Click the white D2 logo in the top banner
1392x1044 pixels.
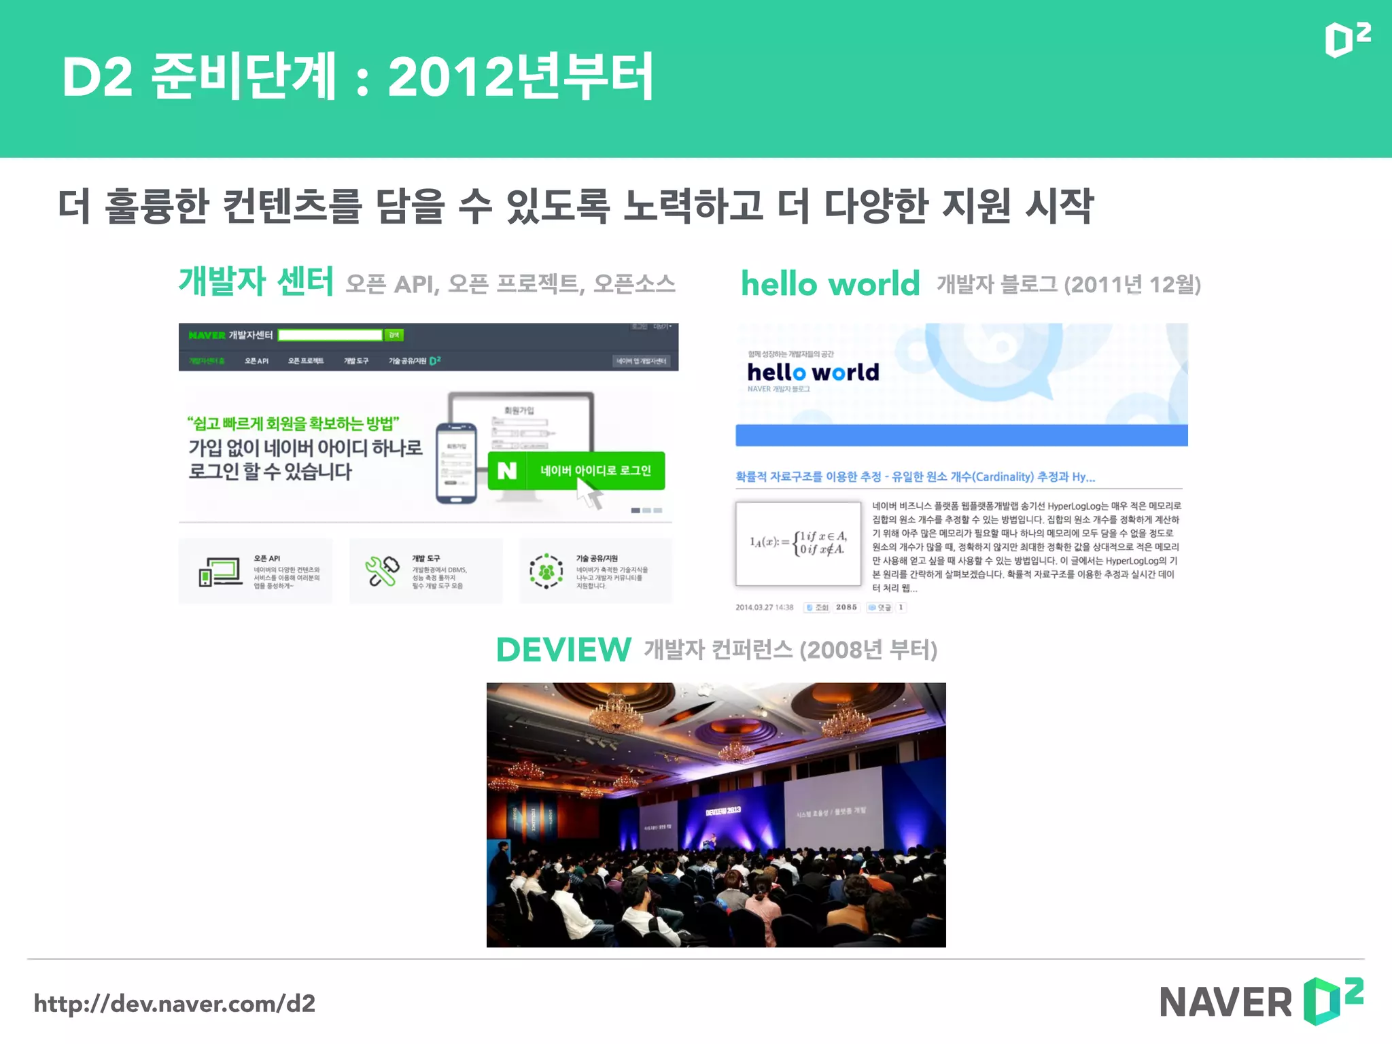tap(1346, 40)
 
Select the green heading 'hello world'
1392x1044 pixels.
tap(830, 283)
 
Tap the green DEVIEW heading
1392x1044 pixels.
tap(563, 650)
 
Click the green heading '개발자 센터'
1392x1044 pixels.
tap(256, 281)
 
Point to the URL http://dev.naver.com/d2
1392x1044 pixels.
tap(175, 1003)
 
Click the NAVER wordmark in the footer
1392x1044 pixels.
tap(1225, 1002)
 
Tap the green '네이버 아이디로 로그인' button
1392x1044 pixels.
tap(576, 470)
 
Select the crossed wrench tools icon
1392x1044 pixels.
tap(382, 571)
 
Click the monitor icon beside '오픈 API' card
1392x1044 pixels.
tap(220, 572)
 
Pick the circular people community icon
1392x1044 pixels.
tap(546, 571)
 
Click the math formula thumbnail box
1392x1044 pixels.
tap(798, 542)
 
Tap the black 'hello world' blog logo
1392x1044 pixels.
tap(813, 372)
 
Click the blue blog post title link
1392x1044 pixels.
tap(915, 476)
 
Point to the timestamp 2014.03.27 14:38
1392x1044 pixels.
tap(764, 608)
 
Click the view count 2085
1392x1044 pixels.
tap(846, 608)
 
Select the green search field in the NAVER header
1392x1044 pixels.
tap(330, 335)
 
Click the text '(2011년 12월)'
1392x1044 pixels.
tap(1132, 284)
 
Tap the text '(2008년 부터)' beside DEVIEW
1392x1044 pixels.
tap(869, 650)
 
